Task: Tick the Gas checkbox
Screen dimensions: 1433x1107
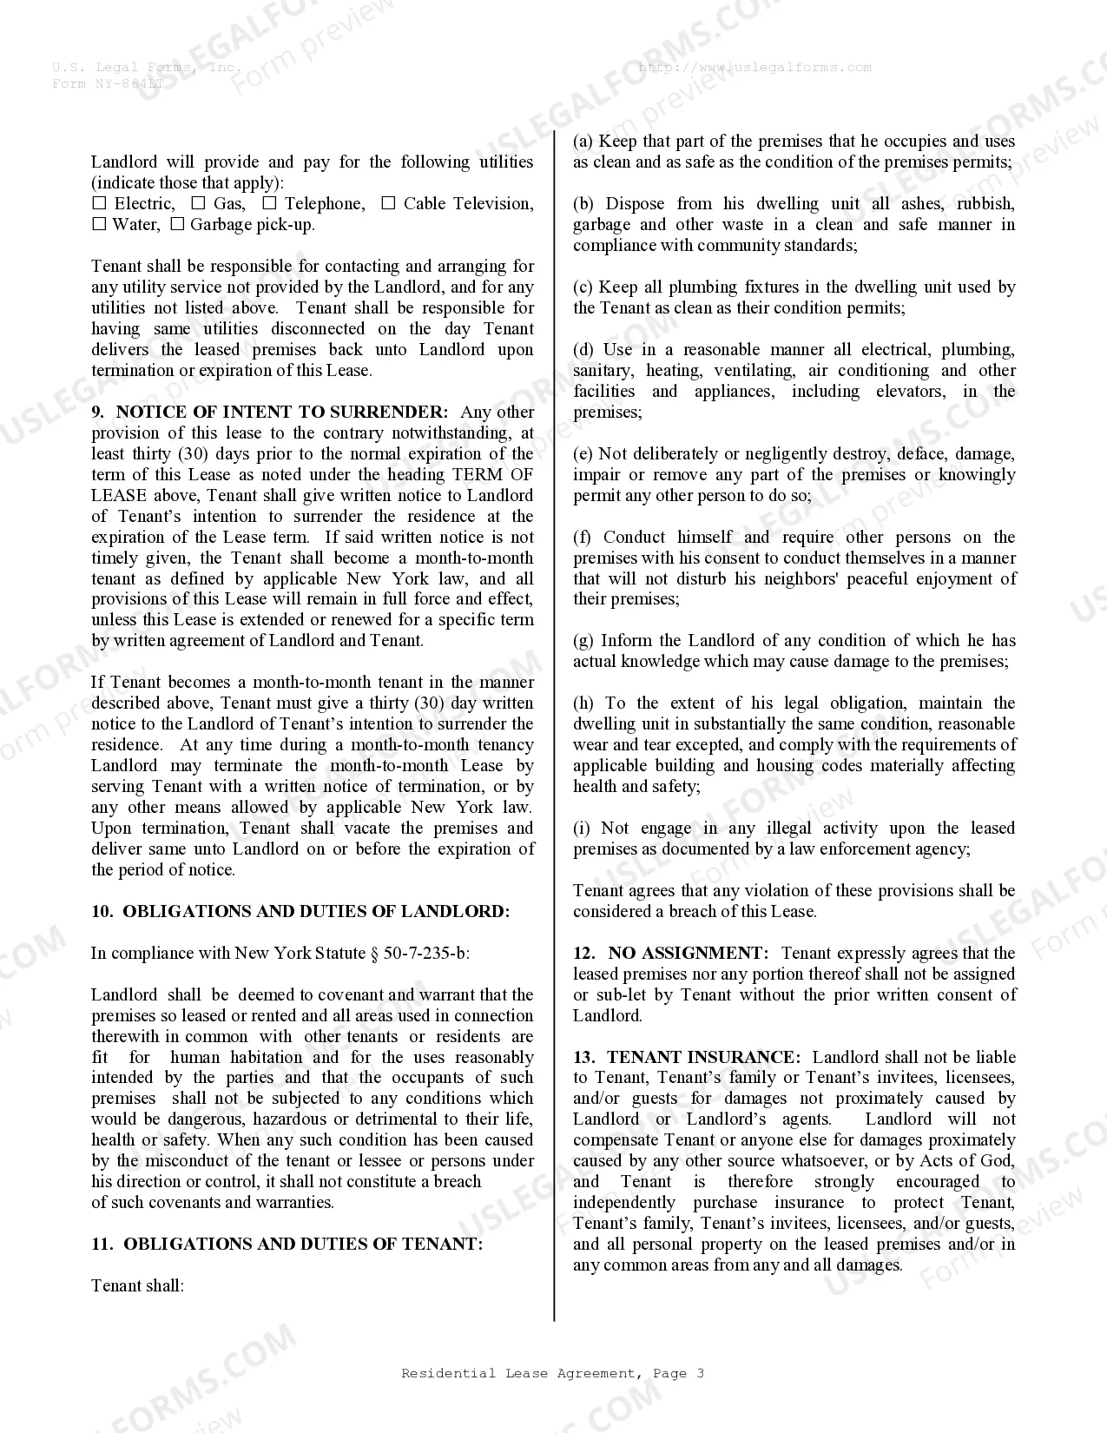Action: pos(198,203)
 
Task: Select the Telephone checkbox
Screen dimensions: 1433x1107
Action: pos(269,203)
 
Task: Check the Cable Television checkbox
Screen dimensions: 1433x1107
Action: pos(388,203)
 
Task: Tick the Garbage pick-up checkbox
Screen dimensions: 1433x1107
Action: pos(177,224)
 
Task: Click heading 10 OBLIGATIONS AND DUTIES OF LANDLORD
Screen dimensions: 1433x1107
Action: pos(300,911)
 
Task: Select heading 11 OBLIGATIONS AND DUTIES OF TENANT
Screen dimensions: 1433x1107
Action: pos(287,1244)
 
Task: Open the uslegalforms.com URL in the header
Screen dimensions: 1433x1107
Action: pos(754,67)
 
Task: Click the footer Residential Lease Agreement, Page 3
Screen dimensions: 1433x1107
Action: pos(553,1373)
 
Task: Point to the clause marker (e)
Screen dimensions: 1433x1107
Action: pos(583,453)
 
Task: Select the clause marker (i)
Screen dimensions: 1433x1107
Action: pos(582,828)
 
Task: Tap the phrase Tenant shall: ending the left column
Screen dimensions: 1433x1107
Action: pos(137,1285)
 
